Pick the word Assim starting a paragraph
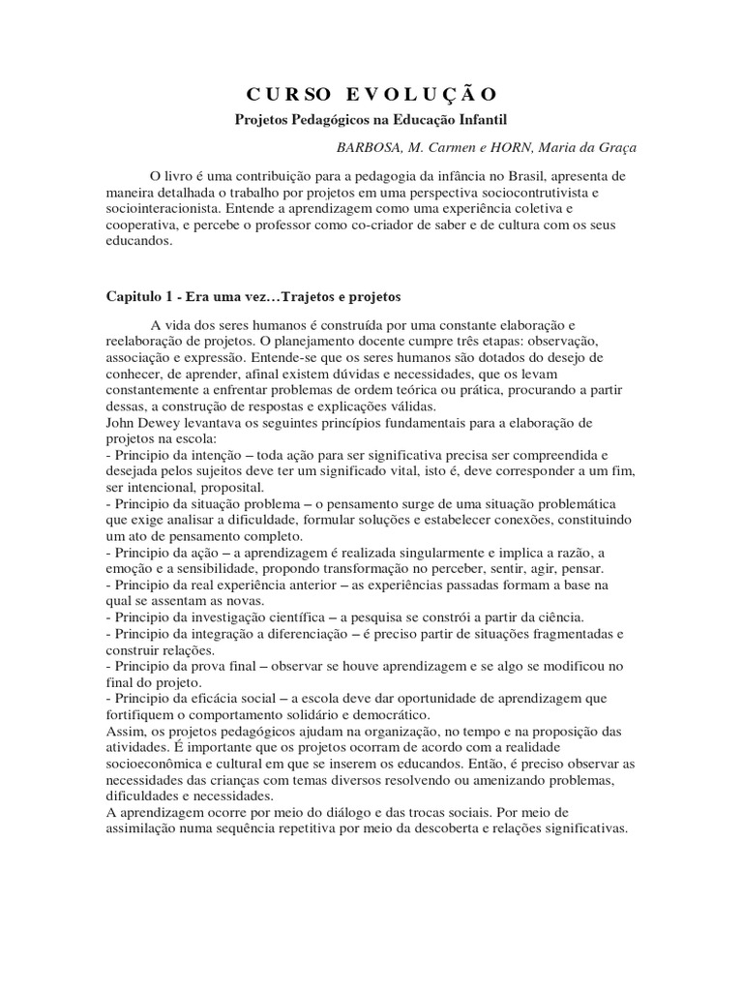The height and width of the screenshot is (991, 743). [121, 731]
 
